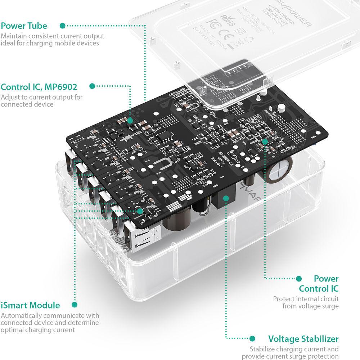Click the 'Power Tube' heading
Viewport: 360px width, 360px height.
coord(24,26)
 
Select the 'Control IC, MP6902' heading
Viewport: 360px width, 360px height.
coord(39,87)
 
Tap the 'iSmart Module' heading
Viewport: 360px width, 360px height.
coord(30,305)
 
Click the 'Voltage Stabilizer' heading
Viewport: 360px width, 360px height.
coord(303,339)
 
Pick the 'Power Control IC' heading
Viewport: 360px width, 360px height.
coord(319,284)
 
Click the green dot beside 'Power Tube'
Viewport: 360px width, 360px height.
coord(63,26)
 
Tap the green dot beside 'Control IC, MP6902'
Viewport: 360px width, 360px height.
coord(92,86)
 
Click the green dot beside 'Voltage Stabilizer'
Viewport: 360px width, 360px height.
coord(252,339)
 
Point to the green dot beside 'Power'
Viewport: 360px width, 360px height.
coord(298,278)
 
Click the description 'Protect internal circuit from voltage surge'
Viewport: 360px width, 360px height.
coord(306,302)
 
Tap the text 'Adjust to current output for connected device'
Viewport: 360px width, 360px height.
coord(41,101)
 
